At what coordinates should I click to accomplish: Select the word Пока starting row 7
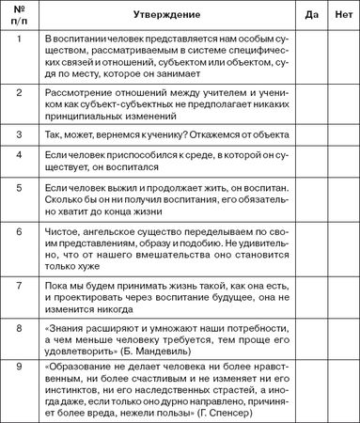(58, 282)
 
